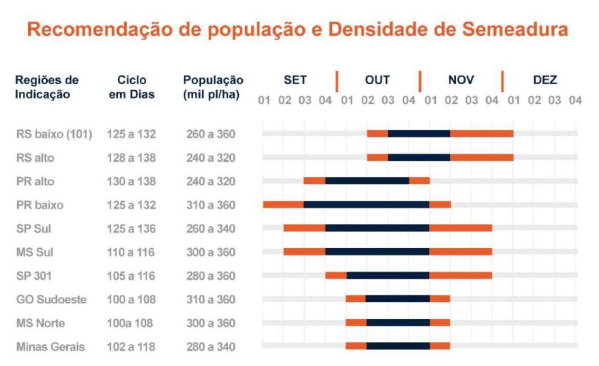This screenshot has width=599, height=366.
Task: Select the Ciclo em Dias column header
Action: click(x=132, y=87)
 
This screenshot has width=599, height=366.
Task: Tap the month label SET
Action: click(x=295, y=80)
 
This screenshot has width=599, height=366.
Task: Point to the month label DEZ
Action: click(x=545, y=80)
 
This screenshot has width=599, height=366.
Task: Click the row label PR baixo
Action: click(x=40, y=205)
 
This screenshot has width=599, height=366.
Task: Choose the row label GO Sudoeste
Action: click(x=51, y=299)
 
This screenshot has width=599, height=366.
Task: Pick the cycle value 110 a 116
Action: click(x=132, y=253)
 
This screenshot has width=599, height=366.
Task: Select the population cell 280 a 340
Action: click(x=211, y=347)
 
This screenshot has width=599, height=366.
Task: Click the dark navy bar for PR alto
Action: click(x=367, y=181)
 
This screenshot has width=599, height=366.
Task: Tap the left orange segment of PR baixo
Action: click(x=283, y=205)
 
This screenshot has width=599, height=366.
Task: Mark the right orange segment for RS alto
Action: click(x=481, y=157)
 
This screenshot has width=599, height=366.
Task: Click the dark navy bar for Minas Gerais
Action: click(x=398, y=346)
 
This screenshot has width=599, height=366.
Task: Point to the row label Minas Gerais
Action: click(x=50, y=347)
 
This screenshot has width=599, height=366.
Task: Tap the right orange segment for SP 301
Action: click(x=460, y=275)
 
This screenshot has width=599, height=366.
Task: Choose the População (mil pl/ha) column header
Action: click(x=213, y=87)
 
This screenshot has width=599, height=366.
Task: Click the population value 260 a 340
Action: click(x=211, y=229)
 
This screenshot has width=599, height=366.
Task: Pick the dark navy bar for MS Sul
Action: click(x=377, y=252)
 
